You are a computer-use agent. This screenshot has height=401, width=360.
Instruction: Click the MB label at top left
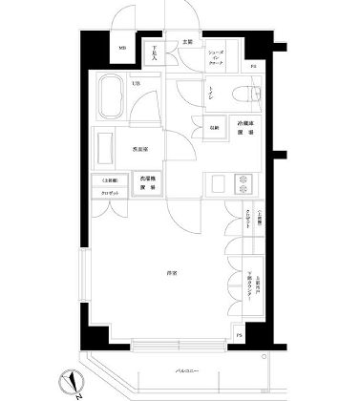(x=122, y=50)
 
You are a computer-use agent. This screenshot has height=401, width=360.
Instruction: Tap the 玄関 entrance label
(x=188, y=42)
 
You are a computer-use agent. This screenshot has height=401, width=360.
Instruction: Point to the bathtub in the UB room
(x=112, y=99)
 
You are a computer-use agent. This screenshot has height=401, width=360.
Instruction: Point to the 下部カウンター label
(x=251, y=282)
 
